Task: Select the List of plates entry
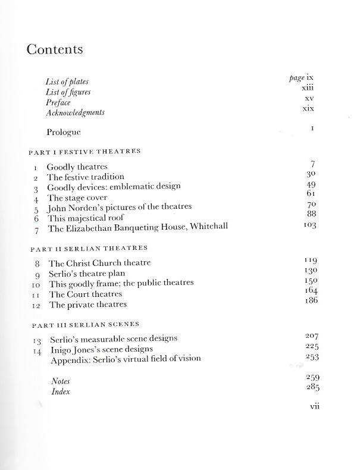[66, 82]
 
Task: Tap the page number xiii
[308, 88]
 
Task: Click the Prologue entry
[66, 131]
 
